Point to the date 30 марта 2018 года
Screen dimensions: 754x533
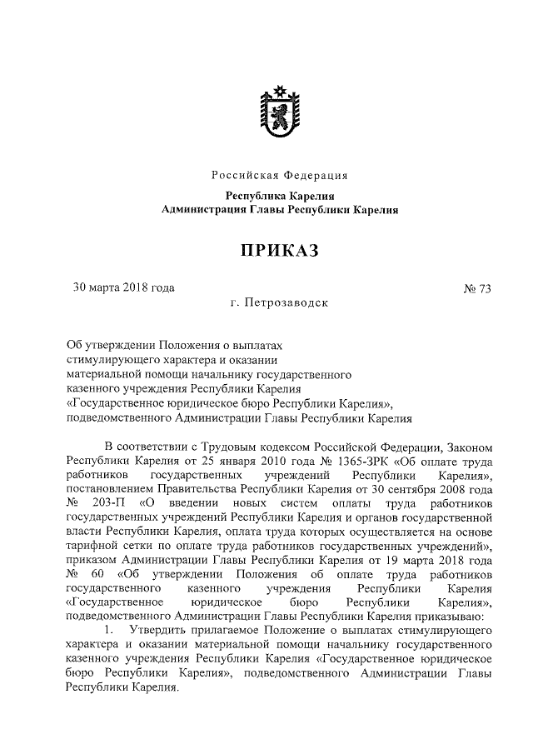(124, 288)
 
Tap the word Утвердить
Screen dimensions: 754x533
(151, 632)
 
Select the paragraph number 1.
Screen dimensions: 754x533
(108, 632)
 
